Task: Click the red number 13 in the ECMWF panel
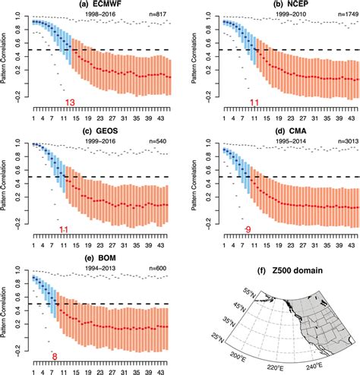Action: [70, 102]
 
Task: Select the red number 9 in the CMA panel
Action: [247, 228]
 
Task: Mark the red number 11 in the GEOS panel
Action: [66, 228]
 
